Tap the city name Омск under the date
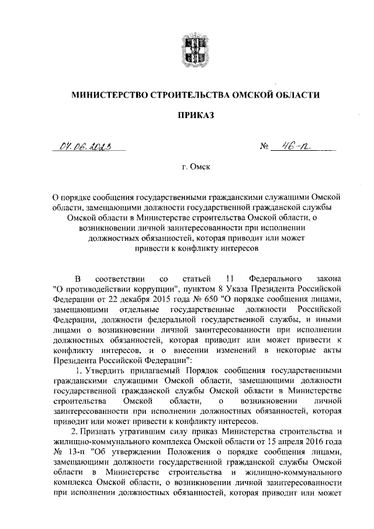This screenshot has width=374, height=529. point(200,167)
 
